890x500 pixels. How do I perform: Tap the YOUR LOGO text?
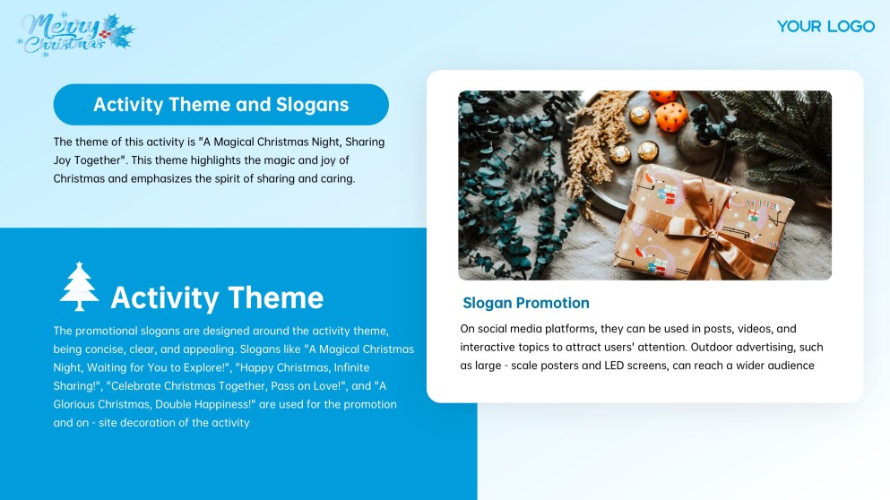[825, 26]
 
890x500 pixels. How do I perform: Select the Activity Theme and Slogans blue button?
[220, 105]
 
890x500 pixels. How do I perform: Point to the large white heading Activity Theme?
[217, 297]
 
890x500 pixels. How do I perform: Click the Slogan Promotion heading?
[526, 303]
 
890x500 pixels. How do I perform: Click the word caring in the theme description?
[336, 178]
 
